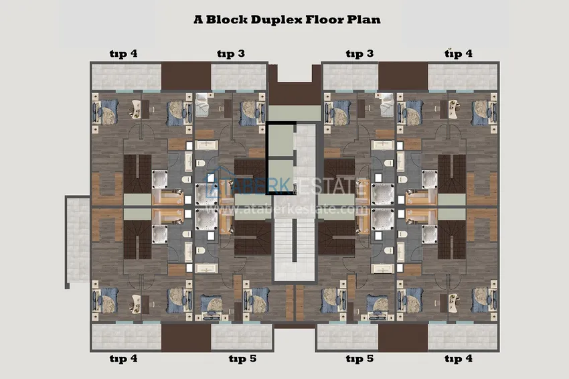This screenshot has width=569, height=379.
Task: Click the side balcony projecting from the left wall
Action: [77, 241]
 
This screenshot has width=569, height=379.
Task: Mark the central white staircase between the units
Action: [295, 234]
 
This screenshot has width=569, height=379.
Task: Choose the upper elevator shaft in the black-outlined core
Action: [280, 140]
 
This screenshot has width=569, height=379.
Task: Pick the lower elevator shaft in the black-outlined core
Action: [280, 175]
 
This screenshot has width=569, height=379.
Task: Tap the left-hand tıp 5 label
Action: [242, 359]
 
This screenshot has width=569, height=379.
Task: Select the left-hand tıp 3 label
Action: [230, 54]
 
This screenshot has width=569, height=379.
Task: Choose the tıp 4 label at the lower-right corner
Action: [458, 359]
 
